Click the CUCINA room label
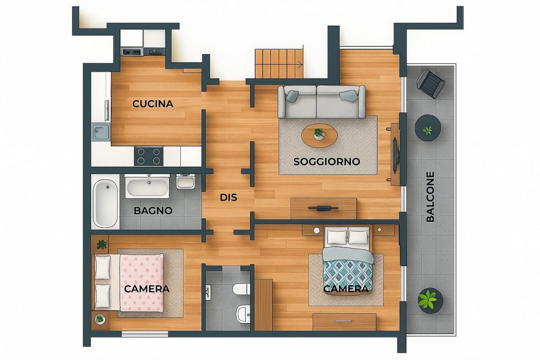point(152,104)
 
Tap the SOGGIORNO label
point(326,161)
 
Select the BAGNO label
point(153,211)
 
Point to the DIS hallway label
point(228,198)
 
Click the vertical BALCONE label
point(430,197)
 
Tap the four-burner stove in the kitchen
point(149,156)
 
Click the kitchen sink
point(101,132)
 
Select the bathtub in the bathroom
point(105,204)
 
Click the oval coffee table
point(319,135)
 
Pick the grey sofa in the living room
point(321,102)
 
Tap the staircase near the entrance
point(279,64)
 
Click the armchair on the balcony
point(430,83)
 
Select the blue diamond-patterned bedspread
point(348,271)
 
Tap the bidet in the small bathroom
point(243,314)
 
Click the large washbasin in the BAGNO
point(148,187)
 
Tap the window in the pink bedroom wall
point(145,334)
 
